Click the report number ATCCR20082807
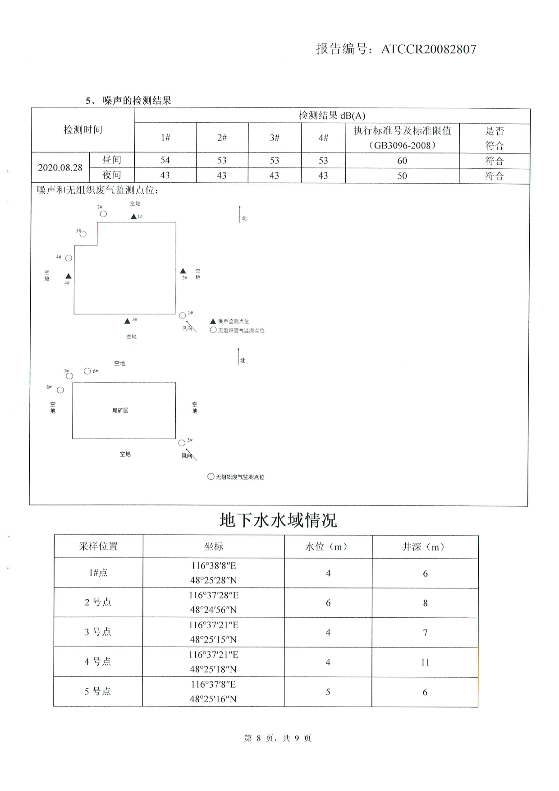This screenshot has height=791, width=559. pos(428,49)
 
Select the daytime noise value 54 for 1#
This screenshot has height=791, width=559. pos(165,160)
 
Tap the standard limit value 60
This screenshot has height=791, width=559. pos(402,161)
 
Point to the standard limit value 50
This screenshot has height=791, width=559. pos(402,176)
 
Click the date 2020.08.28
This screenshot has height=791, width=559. pos(60,167)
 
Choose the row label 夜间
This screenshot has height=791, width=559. pos(111,175)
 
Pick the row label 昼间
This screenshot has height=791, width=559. pos(111,160)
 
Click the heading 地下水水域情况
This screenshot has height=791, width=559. pos(278,520)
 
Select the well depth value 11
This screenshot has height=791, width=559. pos(425,662)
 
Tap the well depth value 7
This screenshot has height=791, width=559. pos(425,633)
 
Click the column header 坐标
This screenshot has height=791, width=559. pos(213,546)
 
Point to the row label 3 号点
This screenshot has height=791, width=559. pos(98,632)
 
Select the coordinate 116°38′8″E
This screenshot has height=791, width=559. pos(213,566)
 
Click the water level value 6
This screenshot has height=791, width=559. pos(328,603)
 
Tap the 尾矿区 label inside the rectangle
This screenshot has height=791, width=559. pos(120,411)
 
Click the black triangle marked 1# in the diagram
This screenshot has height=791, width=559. pos(133,217)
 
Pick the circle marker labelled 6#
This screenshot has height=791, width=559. pos(87,371)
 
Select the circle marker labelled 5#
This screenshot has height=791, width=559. pos(182,443)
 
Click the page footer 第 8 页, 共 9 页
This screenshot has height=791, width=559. pos(278,738)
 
